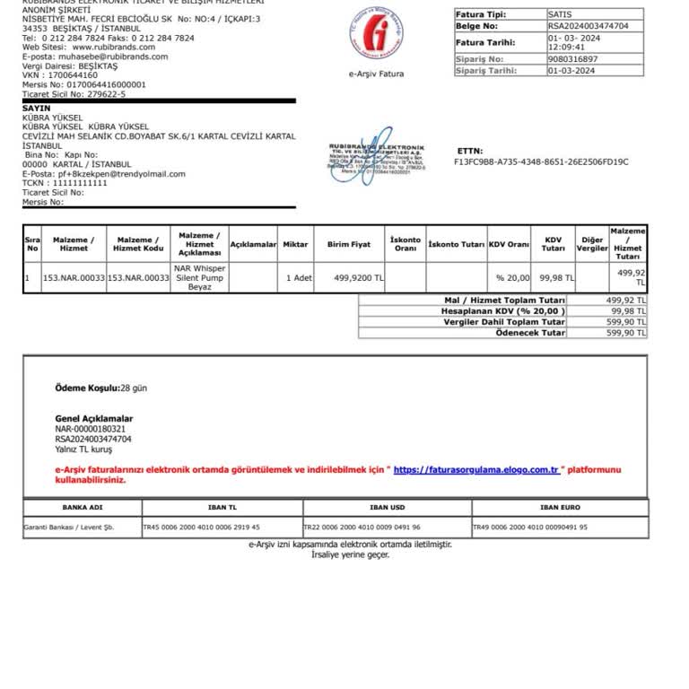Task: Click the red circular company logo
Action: [376, 34]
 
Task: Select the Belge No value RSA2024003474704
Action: [588, 26]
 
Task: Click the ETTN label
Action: [469, 151]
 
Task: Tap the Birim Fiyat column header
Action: [349, 244]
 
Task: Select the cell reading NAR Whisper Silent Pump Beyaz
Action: [200, 277]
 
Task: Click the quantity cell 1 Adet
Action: [299, 278]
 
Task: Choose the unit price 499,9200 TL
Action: [358, 278]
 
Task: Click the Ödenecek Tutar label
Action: [530, 333]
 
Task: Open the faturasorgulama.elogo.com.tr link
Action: [476, 469]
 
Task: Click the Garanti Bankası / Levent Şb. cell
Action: [69, 528]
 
